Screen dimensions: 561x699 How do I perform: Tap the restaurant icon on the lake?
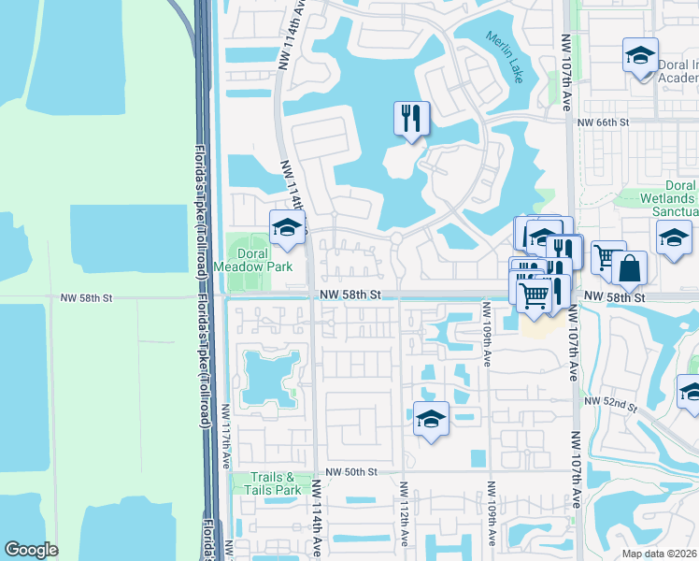pyautogui.click(x=411, y=119)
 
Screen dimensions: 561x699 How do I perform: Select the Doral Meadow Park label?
pyautogui.click(x=252, y=260)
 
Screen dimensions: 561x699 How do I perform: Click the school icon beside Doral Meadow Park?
pyautogui.click(x=288, y=228)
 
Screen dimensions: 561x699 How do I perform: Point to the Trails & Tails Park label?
pyautogui.click(x=273, y=483)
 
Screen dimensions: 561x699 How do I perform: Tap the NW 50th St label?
pyautogui.click(x=352, y=473)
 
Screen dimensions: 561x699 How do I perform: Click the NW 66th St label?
pyautogui.click(x=604, y=122)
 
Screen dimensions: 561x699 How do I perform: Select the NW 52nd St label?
pyautogui.click(x=609, y=403)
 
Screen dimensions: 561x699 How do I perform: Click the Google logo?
pyautogui.click(x=31, y=550)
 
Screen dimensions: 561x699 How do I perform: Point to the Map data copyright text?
pyautogui.click(x=660, y=553)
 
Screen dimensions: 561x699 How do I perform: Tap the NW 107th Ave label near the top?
pyautogui.click(x=566, y=73)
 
